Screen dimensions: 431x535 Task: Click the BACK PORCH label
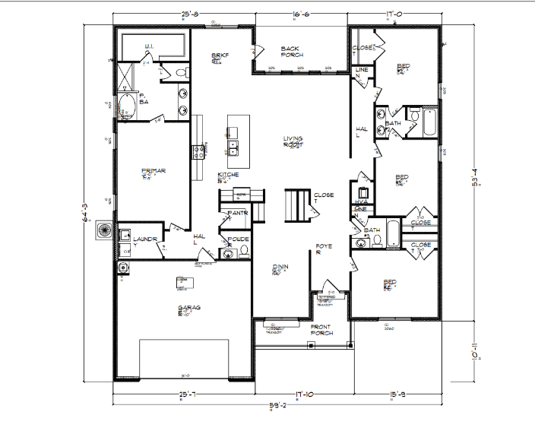292,51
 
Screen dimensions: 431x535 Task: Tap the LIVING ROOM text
293,141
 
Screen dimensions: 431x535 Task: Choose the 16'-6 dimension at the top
299,14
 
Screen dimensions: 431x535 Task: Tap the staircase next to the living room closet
297,204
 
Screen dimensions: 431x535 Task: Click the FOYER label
323,250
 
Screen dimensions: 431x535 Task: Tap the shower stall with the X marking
123,77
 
